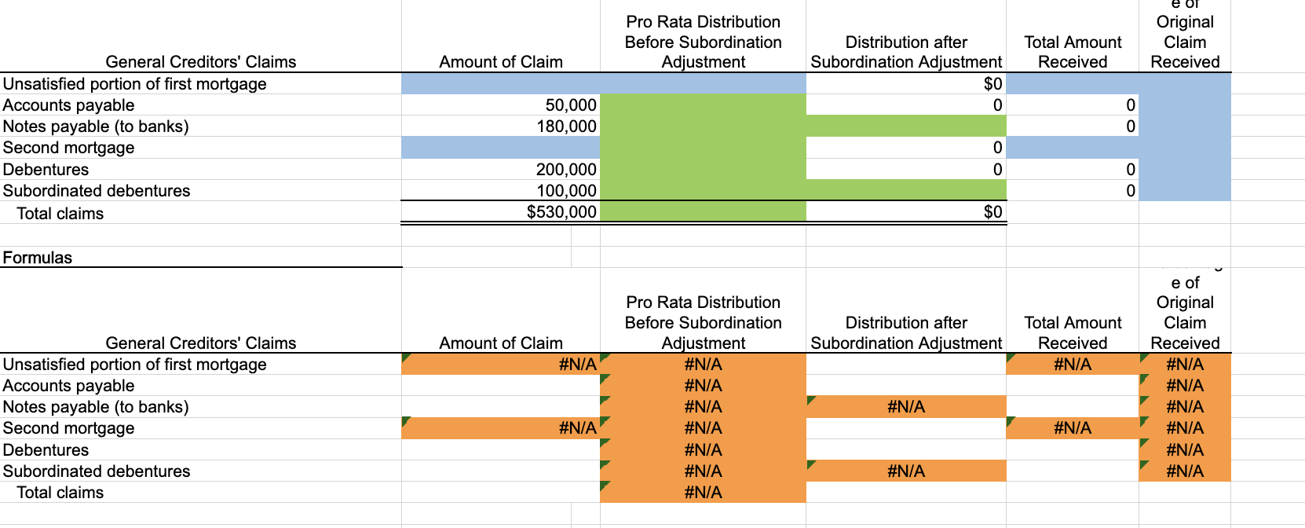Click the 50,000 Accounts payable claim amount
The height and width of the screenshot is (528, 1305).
(x=571, y=105)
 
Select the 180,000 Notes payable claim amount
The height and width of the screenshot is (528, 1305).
(x=566, y=126)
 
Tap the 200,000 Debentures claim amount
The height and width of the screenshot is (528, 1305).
(x=566, y=170)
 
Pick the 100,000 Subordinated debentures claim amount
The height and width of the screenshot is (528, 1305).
(x=566, y=191)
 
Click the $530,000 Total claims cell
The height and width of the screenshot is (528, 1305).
(x=561, y=212)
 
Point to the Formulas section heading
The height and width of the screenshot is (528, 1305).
(x=38, y=258)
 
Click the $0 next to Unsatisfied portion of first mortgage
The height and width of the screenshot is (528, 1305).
(x=992, y=84)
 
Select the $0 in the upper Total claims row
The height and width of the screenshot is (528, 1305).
(x=992, y=212)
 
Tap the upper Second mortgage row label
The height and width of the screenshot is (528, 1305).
(x=69, y=148)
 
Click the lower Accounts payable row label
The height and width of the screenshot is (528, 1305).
(x=69, y=386)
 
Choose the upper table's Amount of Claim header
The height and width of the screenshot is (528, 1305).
(x=501, y=62)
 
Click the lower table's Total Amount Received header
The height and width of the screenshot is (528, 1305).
(x=1073, y=332)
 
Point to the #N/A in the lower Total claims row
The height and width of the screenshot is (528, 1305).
(x=703, y=493)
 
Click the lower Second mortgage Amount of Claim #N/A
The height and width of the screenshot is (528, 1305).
(x=577, y=428)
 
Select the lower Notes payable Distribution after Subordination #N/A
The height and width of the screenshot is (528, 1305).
(x=905, y=407)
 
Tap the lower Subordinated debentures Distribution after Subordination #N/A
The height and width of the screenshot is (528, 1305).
(x=905, y=471)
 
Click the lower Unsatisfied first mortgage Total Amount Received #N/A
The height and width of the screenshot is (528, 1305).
(x=1072, y=365)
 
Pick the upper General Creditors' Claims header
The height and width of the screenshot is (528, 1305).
(x=201, y=62)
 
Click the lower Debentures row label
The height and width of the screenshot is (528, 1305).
(x=46, y=450)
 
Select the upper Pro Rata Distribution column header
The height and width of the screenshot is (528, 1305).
(x=703, y=42)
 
